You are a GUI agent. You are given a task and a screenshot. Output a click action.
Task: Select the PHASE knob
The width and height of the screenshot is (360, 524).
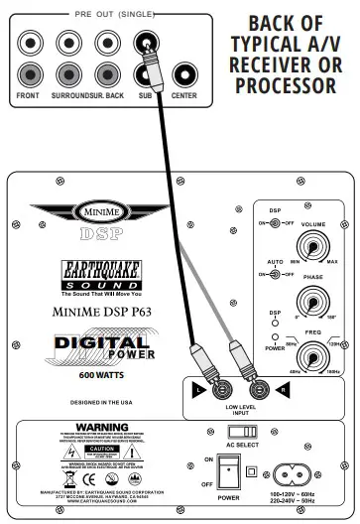point(312,302)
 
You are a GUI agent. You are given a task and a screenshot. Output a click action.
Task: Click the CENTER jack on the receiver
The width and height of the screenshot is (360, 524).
point(185,74)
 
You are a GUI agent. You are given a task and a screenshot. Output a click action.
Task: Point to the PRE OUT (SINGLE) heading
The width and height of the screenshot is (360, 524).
point(105,17)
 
